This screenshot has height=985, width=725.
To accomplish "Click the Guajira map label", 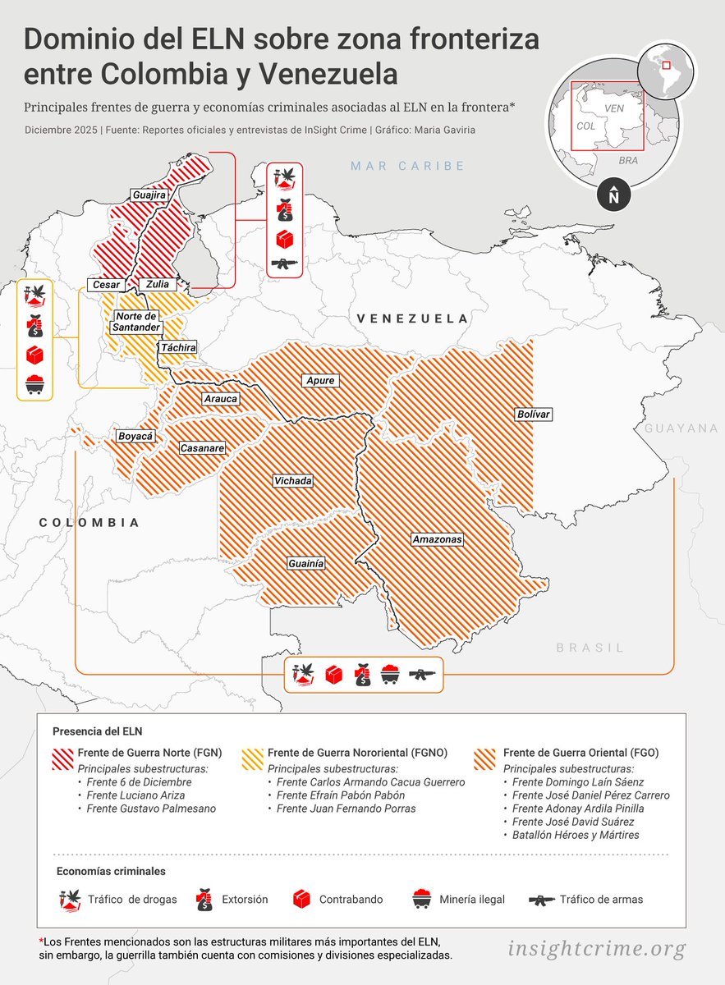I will click(x=149, y=195).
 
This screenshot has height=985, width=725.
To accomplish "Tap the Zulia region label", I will click(x=157, y=284).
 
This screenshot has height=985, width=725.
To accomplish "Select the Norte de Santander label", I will click(x=136, y=322).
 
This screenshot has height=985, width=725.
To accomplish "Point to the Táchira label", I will click(x=178, y=348).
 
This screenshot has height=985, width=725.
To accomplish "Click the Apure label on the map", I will click(x=320, y=381).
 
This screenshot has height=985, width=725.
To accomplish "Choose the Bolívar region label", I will click(x=532, y=415).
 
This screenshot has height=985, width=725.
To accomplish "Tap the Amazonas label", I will click(x=437, y=539).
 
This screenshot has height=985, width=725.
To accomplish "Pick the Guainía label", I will click(x=305, y=564).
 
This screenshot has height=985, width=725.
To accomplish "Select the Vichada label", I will click(x=292, y=480).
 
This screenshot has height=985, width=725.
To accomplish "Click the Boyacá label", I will click(x=135, y=437).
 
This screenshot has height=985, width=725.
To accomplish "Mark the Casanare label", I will click(x=202, y=448).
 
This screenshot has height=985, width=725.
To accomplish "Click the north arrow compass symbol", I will click(x=613, y=196).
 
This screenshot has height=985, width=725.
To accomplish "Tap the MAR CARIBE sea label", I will click(x=407, y=167).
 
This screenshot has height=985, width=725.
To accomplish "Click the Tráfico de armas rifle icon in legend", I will click(x=542, y=900).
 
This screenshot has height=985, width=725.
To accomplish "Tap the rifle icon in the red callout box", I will click(x=284, y=263).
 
